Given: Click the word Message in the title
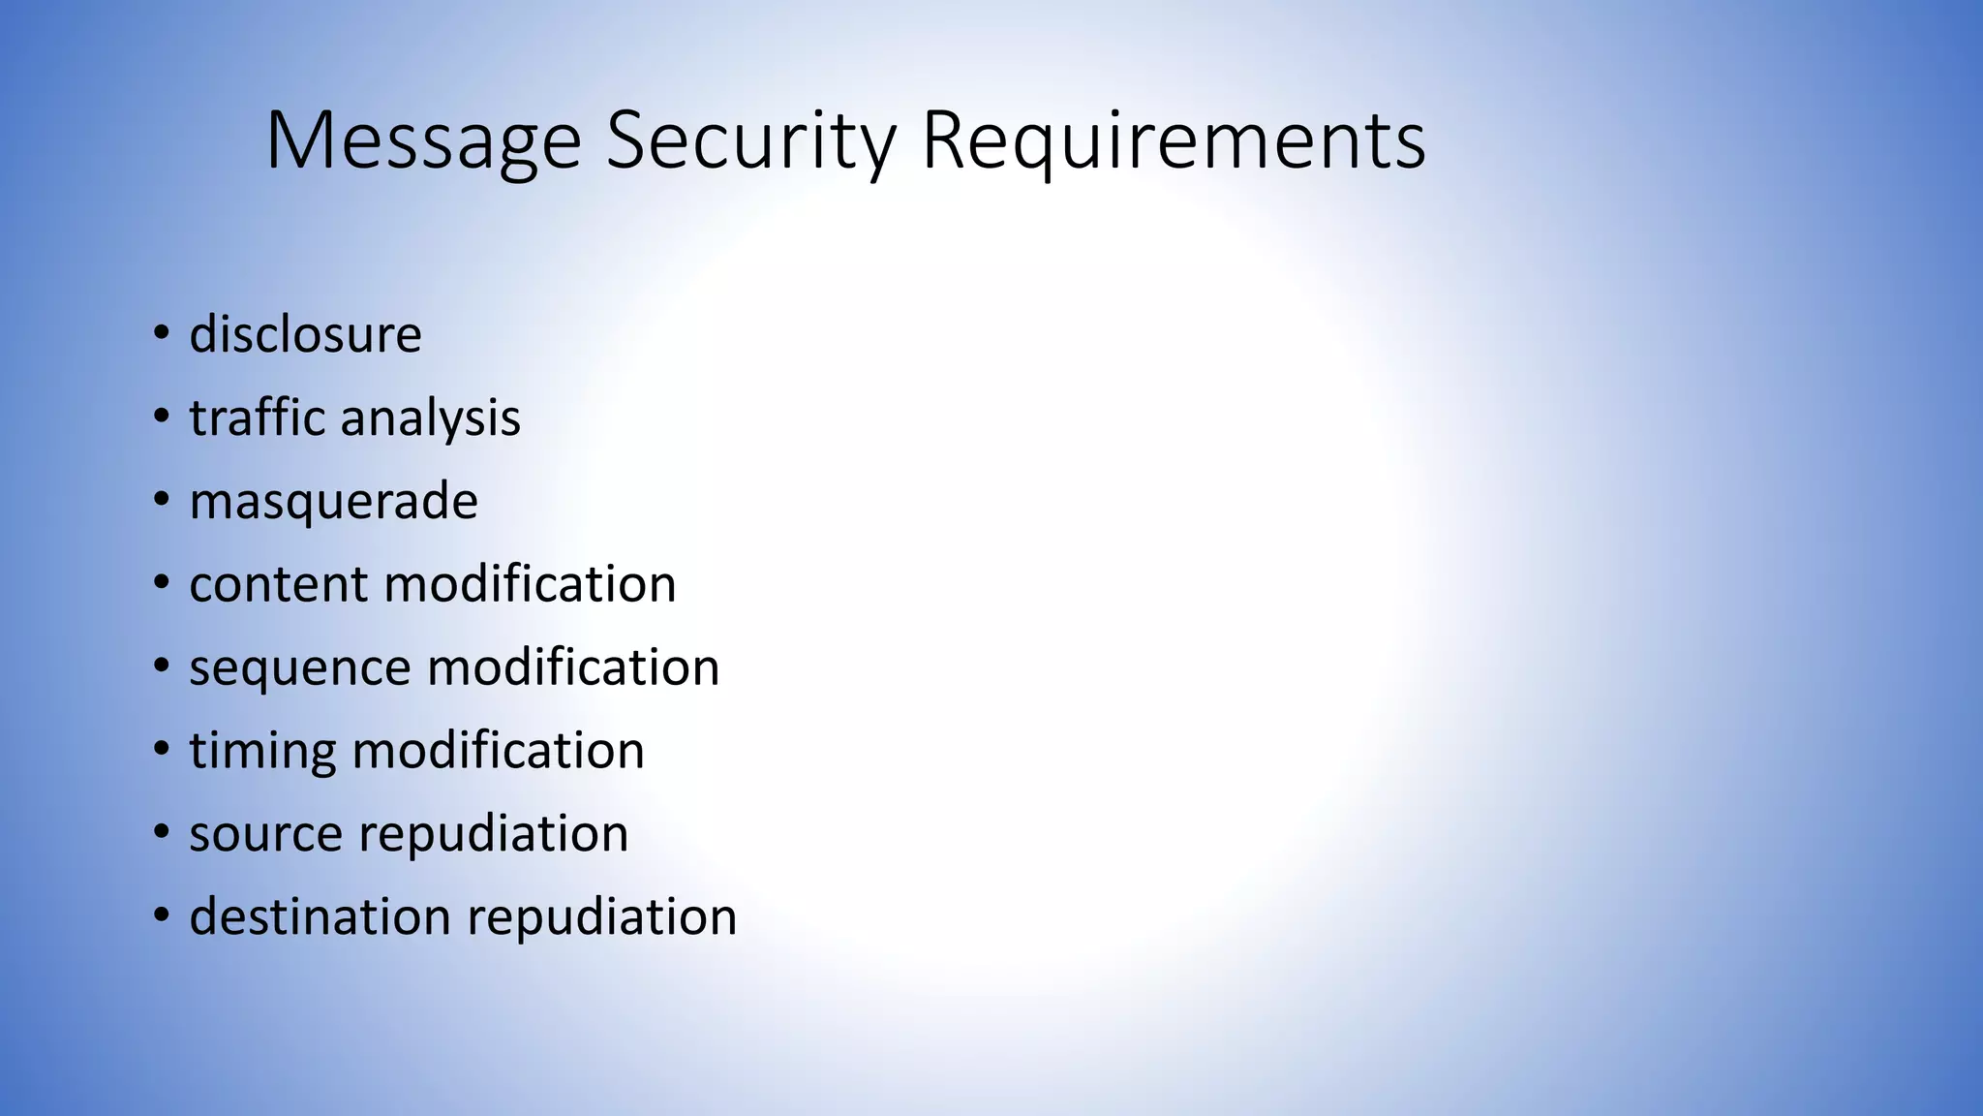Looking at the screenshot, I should pos(423,141).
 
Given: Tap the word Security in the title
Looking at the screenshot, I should pos(750,141).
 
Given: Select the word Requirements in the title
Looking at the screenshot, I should pos(1174,141).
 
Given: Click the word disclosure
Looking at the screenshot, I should pos(305,334).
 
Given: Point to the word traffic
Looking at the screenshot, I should pos(257,418).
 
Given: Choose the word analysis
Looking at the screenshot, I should pos(430,419).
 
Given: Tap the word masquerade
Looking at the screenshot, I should pos(333,502).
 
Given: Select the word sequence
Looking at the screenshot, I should pos(300,668).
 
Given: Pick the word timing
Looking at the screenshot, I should pos(262,752).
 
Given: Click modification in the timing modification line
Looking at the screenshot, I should pos(498,751).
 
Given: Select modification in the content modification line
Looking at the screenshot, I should pos(530,584).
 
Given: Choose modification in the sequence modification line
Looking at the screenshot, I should pos(573,667).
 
